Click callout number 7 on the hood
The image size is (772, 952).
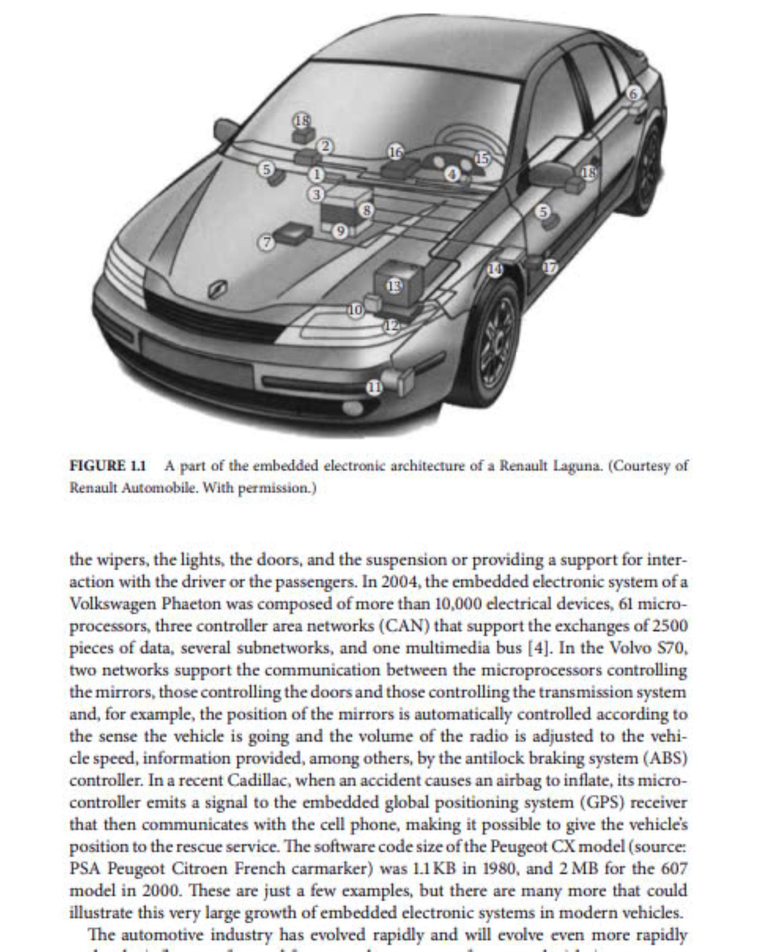coord(267,242)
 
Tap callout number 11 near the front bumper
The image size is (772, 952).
coord(374,387)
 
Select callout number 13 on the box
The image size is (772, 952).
coord(394,286)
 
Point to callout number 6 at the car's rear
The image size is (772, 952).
coord(633,93)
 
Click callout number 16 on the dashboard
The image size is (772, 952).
coord(395,152)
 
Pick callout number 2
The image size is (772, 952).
coord(326,147)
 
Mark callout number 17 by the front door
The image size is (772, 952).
coord(550,267)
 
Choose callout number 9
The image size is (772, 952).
coord(340,231)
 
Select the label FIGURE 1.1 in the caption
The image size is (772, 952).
coord(108,466)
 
